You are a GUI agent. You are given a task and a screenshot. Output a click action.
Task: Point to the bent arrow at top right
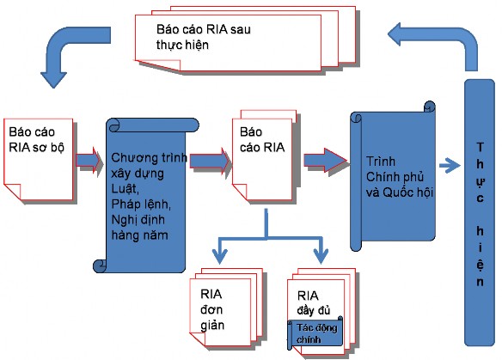click(430, 43)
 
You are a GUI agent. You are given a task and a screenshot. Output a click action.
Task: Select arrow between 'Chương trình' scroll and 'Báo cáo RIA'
click(207, 160)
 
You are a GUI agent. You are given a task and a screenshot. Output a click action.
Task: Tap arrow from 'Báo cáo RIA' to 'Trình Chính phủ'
click(321, 160)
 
